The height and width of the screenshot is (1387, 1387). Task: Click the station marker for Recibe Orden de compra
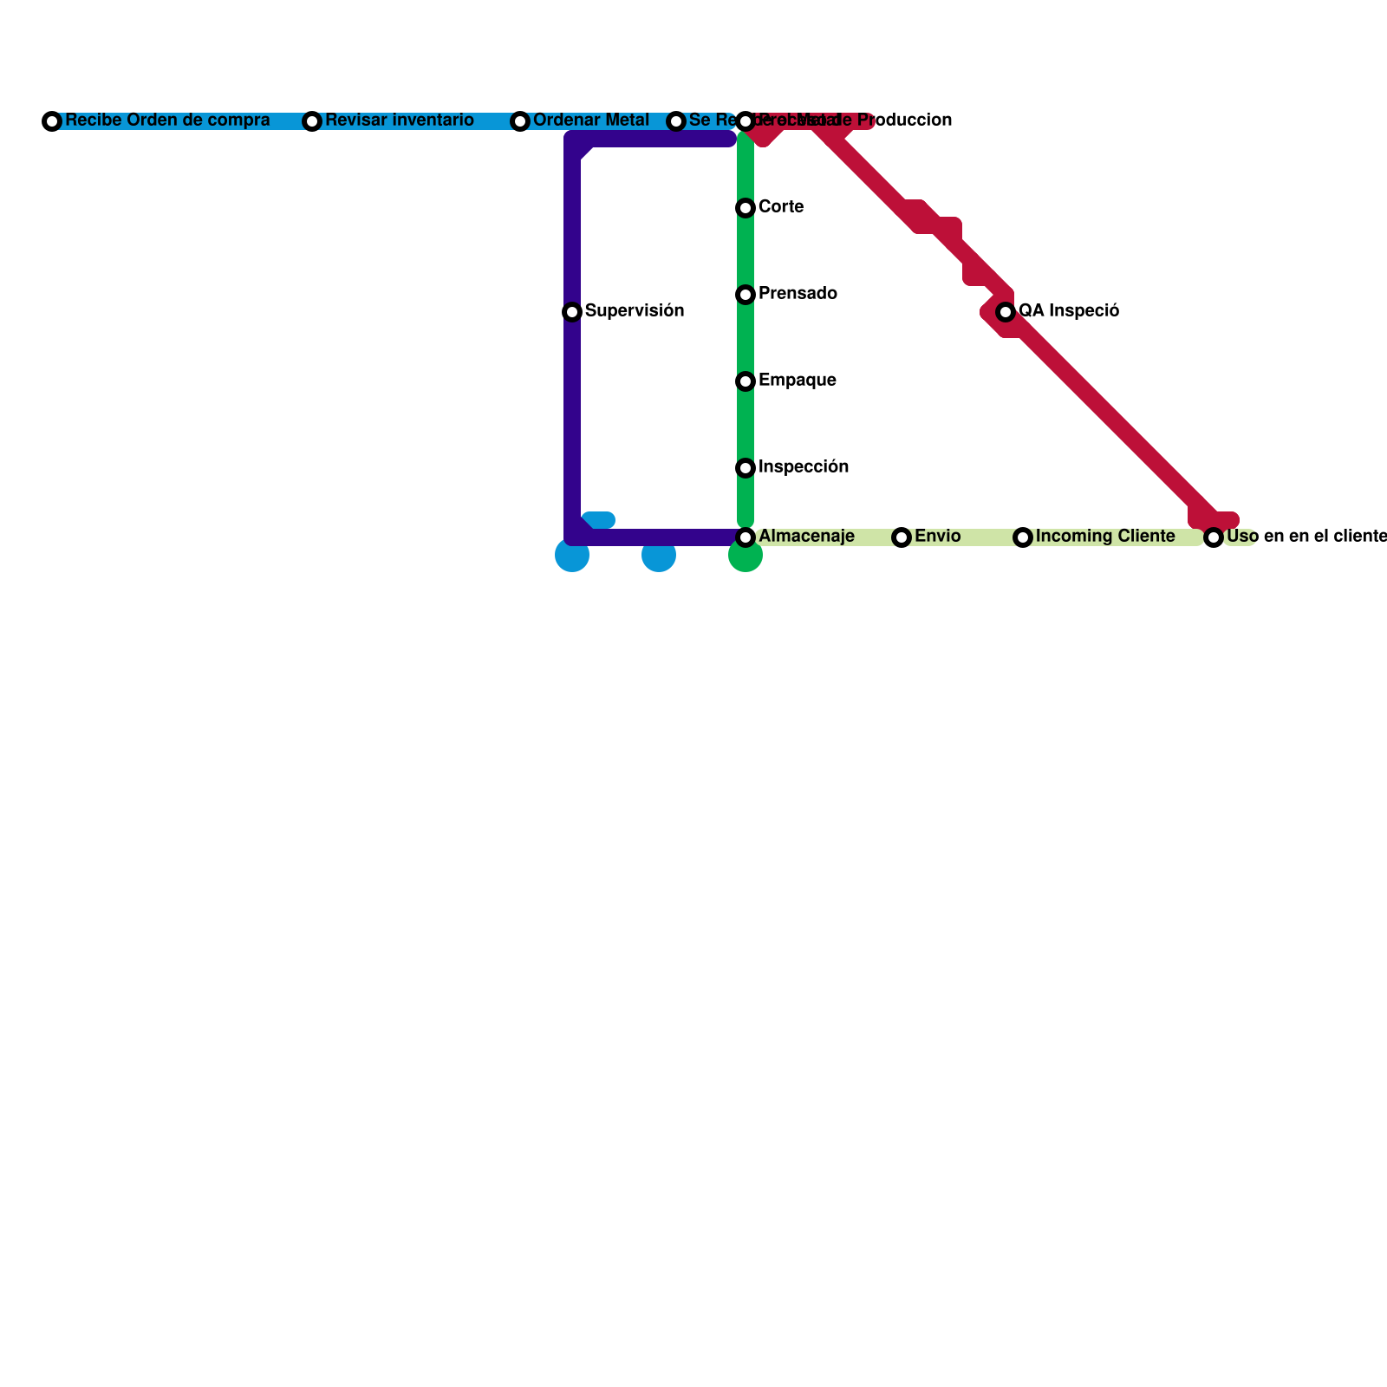pyautogui.click(x=52, y=121)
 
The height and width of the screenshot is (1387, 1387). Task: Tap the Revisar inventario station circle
pyautogui.click(x=312, y=121)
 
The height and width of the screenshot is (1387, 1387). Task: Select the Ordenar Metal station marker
pyautogui.click(x=520, y=121)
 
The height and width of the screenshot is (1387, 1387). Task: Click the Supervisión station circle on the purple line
pyautogui.click(x=572, y=312)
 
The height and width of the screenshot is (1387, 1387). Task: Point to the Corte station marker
pyautogui.click(x=746, y=208)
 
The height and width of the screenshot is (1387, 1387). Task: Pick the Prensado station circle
pyautogui.click(x=746, y=295)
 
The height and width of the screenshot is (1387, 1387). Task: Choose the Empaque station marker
pyautogui.click(x=746, y=381)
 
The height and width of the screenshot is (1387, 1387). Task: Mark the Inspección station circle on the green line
pyautogui.click(x=746, y=468)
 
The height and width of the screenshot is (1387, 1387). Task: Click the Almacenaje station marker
pyautogui.click(x=746, y=537)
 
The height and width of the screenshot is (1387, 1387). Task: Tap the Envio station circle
pyautogui.click(x=902, y=537)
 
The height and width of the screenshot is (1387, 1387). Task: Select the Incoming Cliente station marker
pyautogui.click(x=1023, y=537)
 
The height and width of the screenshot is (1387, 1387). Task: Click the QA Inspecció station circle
pyautogui.click(x=1006, y=312)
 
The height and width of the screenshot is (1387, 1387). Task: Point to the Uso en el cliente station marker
pyautogui.click(x=1214, y=537)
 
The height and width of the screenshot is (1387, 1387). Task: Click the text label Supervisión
pyautogui.click(x=635, y=310)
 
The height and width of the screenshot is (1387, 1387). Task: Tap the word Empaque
pyautogui.click(x=797, y=380)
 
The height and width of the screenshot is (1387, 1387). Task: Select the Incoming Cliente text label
pyautogui.click(x=1105, y=536)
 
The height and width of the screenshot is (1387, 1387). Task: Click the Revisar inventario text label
pyautogui.click(x=400, y=120)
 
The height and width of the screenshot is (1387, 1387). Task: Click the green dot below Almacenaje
pyautogui.click(x=746, y=557)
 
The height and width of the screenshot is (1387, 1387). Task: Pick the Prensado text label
pyautogui.click(x=798, y=293)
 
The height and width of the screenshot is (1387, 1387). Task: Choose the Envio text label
pyautogui.click(x=937, y=536)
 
